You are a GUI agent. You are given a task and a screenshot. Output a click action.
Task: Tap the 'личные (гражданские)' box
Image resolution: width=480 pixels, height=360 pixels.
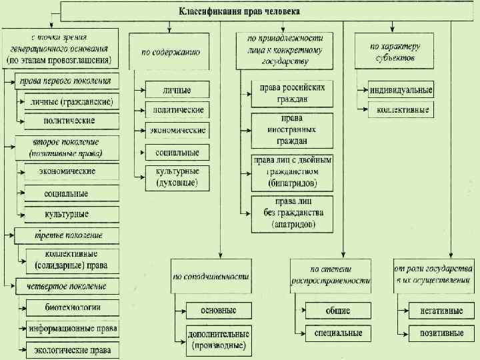tap(72, 102)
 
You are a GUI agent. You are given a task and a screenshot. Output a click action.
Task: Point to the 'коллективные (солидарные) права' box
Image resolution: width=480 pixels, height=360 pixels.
tap(72, 260)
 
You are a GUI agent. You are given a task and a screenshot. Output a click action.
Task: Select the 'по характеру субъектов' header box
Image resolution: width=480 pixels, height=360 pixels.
tap(393, 51)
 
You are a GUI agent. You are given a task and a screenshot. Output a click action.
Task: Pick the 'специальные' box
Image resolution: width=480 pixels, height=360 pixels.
tap(337, 332)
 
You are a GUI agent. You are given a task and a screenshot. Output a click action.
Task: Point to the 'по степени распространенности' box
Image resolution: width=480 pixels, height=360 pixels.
tap(331, 275)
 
